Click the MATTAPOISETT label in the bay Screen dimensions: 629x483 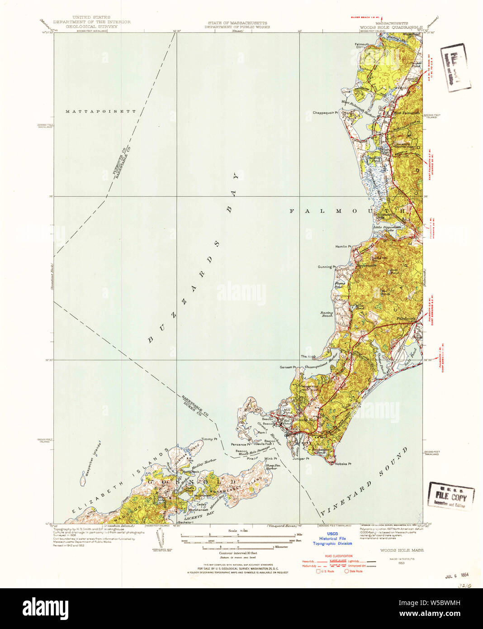[x=100, y=111]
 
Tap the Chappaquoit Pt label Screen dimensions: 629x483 [x=325, y=113]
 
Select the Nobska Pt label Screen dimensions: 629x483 [x=343, y=464]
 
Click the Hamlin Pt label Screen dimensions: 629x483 [x=343, y=247]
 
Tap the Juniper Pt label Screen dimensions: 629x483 [x=301, y=458]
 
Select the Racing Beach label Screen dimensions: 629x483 [x=327, y=314]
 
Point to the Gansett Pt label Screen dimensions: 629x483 [x=288, y=367]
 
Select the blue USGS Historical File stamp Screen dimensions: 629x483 [x=332, y=538]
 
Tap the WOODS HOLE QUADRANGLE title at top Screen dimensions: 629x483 [x=391, y=27]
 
